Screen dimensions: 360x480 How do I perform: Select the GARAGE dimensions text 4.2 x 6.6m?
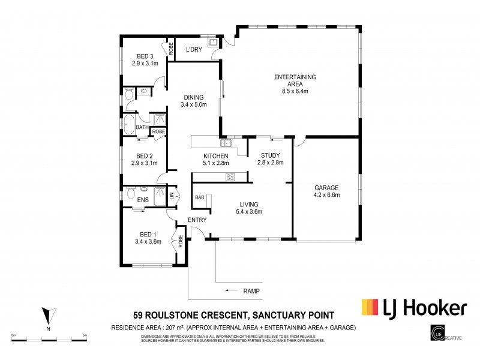point(326,194)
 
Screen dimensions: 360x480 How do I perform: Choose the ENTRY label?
point(197,220)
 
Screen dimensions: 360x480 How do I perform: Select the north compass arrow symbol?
point(50,315)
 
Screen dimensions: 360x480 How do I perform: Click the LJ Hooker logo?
point(413,308)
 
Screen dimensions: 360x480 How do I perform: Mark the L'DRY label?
point(193,49)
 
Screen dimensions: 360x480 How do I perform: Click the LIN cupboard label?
point(172,196)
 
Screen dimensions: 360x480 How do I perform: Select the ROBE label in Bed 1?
point(180,242)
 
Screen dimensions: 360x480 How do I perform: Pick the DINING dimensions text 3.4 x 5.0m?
point(193,105)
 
